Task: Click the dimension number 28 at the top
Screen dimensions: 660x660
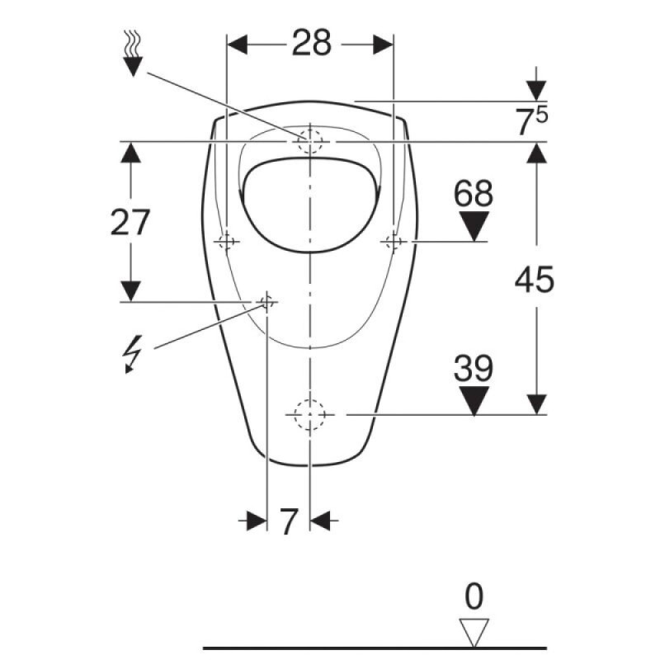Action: pyautogui.click(x=312, y=43)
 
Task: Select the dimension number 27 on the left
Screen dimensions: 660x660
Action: pyautogui.click(x=130, y=222)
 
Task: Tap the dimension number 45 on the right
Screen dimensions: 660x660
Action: pyautogui.click(x=534, y=280)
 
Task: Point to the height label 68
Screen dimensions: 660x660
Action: pyautogui.click(x=473, y=193)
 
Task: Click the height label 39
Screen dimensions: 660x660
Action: pyautogui.click(x=473, y=368)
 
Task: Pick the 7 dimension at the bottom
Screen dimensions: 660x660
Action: pyautogui.click(x=289, y=521)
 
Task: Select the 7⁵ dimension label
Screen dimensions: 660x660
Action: pyautogui.click(x=532, y=120)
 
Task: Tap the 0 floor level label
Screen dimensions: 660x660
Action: pyautogui.click(x=474, y=596)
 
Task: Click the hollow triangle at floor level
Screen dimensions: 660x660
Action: pyautogui.click(x=474, y=632)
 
